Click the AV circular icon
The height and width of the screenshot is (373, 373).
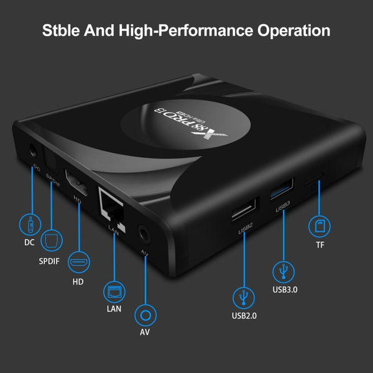[x=145, y=315]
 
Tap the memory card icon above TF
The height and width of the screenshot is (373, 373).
[x=320, y=224]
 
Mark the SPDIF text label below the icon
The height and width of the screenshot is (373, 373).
[x=49, y=261]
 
